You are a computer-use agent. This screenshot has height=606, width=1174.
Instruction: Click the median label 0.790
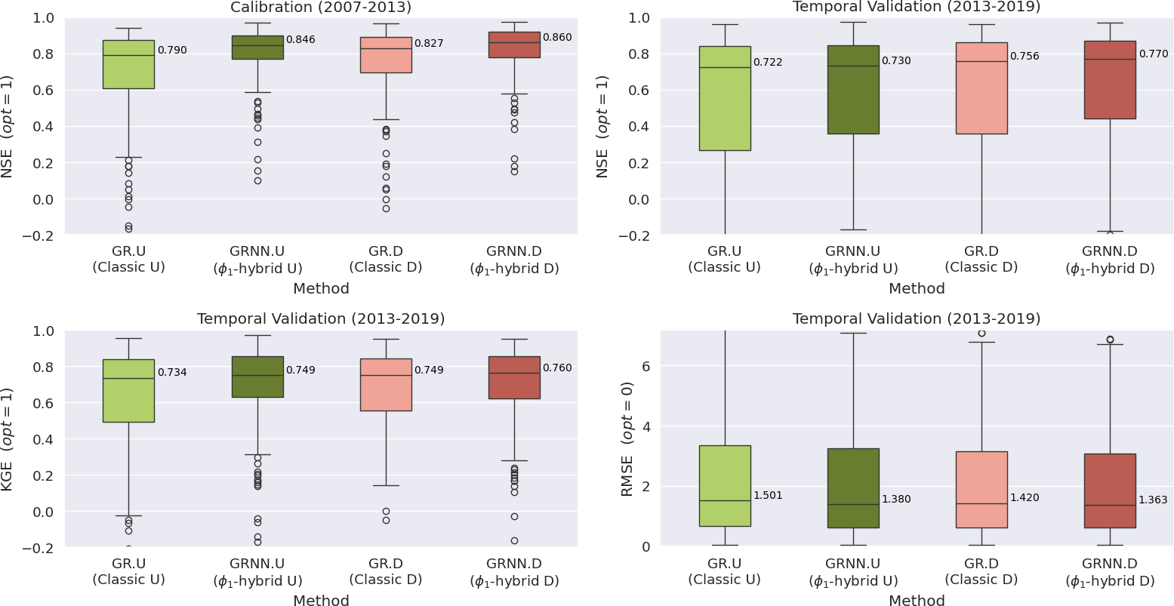click(x=172, y=51)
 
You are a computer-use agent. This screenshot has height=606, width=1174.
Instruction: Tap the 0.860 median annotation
click(x=557, y=37)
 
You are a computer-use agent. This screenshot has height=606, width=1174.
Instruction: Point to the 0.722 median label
click(x=768, y=62)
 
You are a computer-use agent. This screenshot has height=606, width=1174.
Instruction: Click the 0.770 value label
click(x=1153, y=54)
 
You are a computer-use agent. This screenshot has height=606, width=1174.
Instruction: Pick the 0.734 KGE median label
click(x=172, y=372)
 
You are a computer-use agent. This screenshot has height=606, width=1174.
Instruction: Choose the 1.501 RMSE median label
click(x=768, y=496)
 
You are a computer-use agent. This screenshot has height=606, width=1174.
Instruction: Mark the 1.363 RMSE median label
click(x=1153, y=500)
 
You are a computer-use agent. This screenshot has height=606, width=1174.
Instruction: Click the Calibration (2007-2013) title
click(x=321, y=8)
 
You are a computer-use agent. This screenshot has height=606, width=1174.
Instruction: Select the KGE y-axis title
click(x=8, y=438)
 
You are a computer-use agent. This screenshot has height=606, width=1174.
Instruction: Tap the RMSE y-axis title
click(x=627, y=438)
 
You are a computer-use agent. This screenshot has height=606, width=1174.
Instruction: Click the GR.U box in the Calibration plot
click(x=128, y=64)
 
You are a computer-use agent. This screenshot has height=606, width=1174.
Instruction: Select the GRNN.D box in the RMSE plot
click(x=1110, y=491)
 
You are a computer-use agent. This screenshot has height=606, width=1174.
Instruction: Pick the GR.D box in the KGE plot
click(x=386, y=385)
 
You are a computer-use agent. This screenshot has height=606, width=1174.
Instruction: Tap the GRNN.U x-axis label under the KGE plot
click(x=257, y=572)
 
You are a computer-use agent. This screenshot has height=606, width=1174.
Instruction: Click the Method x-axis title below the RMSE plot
click(x=917, y=601)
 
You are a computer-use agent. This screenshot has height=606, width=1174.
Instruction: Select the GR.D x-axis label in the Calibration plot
click(x=386, y=259)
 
